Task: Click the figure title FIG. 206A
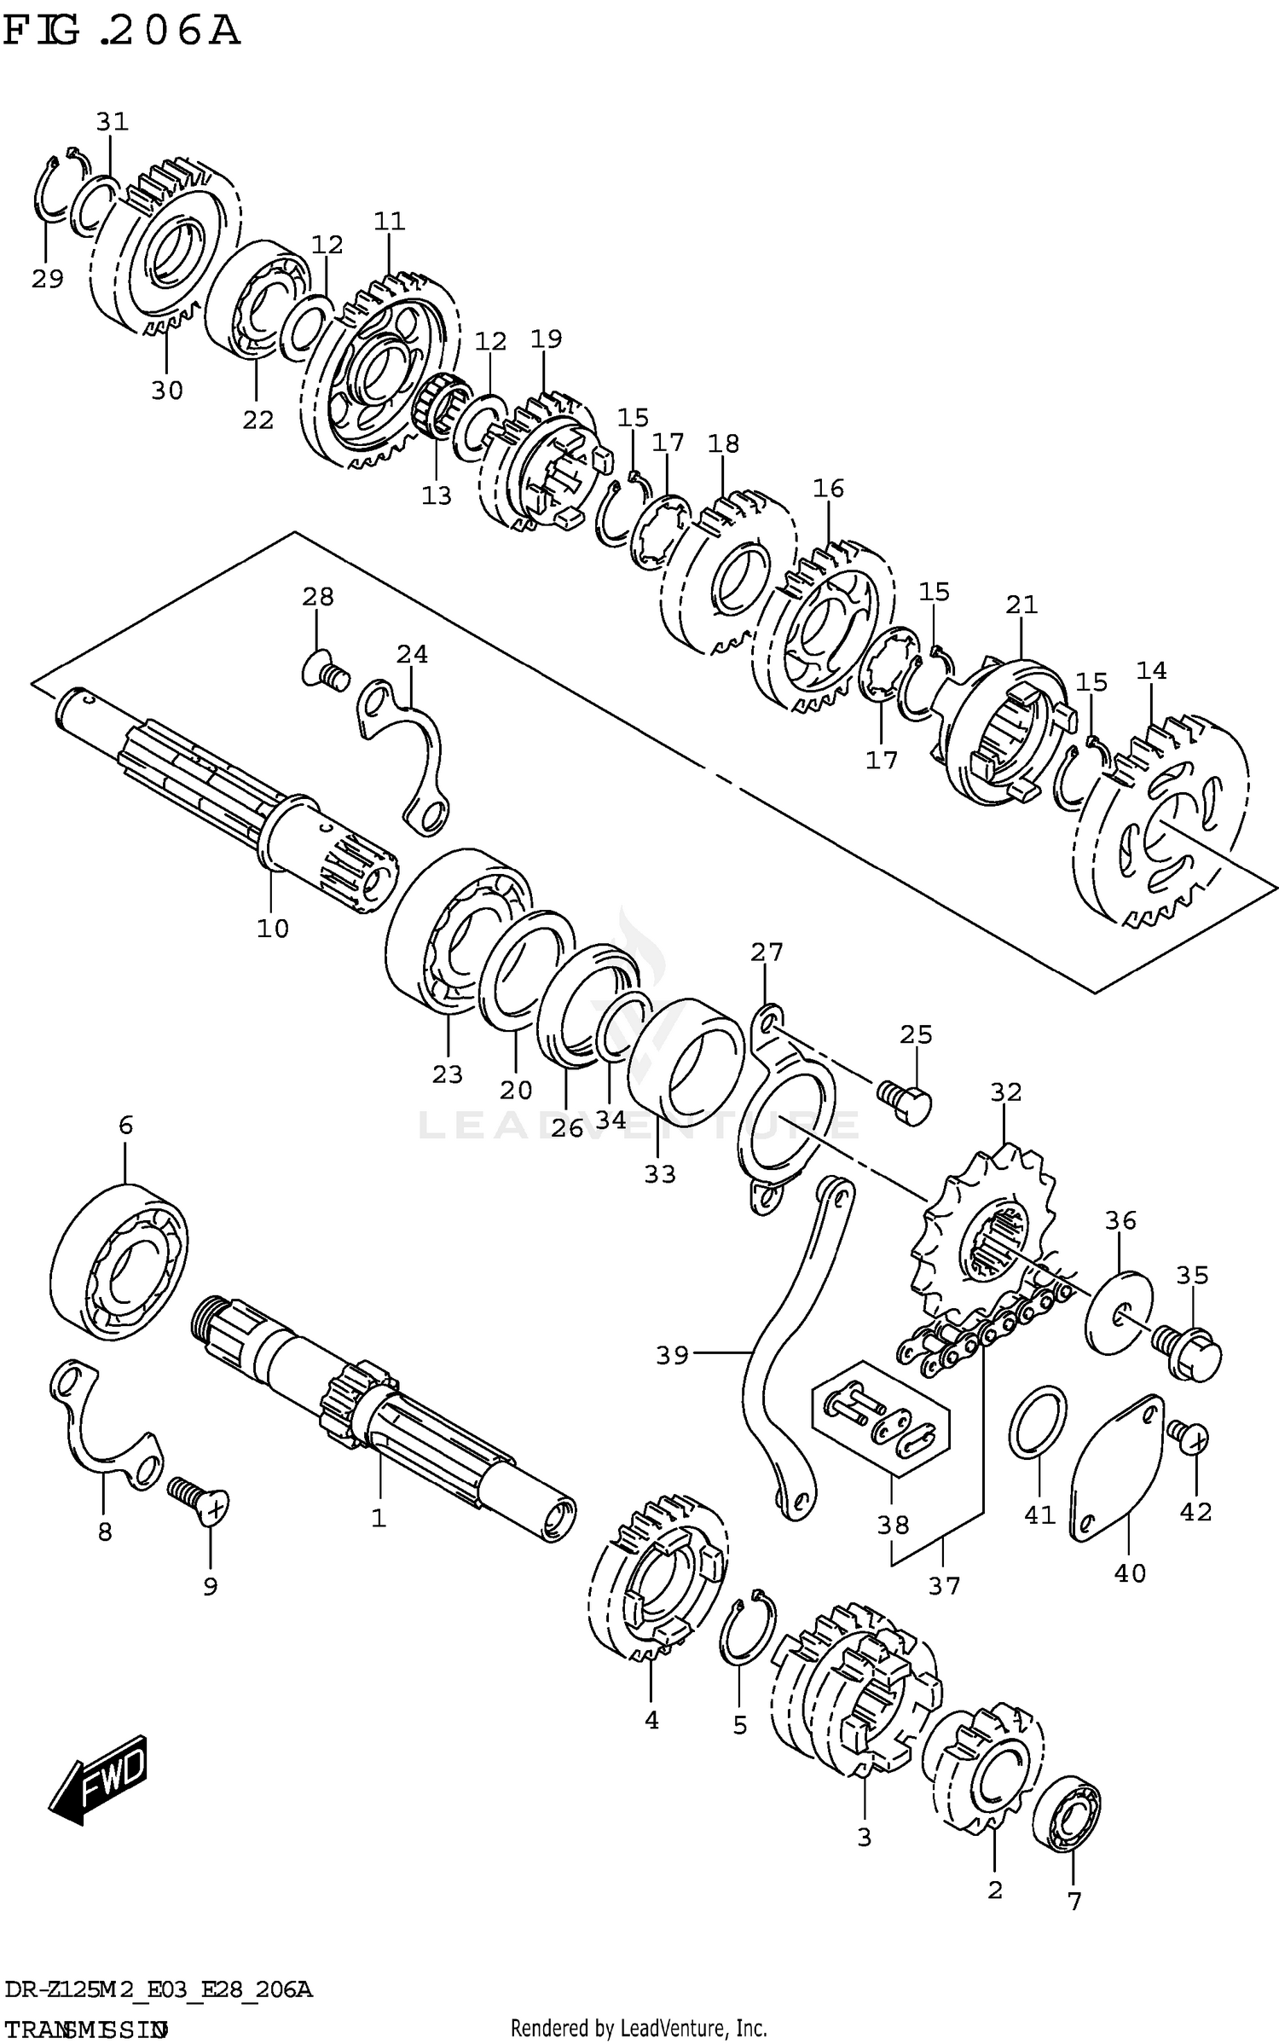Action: pos(122,32)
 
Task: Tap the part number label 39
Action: pos(672,1354)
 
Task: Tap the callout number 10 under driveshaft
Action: pos(273,928)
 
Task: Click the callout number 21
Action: pos(1021,605)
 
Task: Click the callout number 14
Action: pos(1151,670)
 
